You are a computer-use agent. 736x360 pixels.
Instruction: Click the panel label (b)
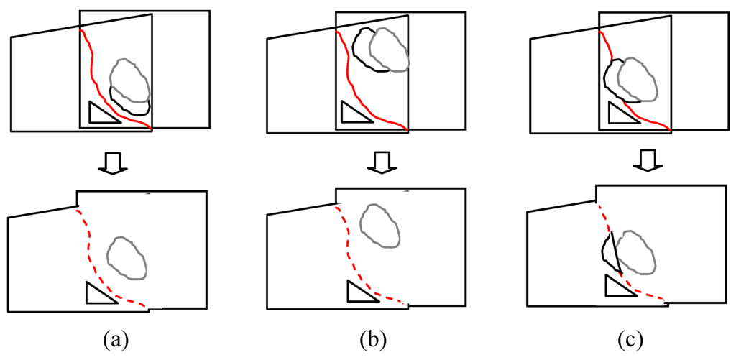pos(374,338)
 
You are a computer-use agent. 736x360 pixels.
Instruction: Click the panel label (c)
pos(633,338)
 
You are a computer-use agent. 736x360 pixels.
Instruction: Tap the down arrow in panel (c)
pos(645,163)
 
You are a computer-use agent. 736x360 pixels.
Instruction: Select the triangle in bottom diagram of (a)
pos(97,295)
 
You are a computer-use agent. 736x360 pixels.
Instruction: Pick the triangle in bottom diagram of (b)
pos(359,293)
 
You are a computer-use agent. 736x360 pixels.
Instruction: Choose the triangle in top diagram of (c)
pos(620,114)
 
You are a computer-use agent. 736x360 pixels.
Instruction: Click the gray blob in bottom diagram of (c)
pos(636,251)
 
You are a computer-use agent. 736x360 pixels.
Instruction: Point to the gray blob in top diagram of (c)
pos(637,79)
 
